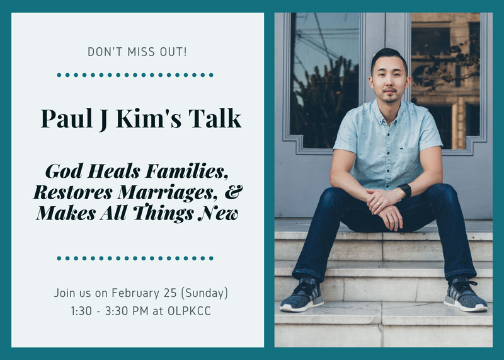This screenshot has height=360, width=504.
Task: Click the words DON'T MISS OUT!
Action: click(x=137, y=51)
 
